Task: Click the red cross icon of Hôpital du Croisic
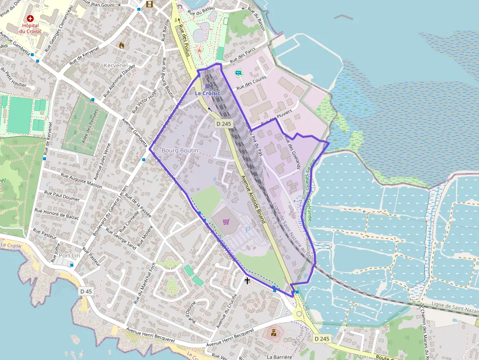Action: click(30, 18)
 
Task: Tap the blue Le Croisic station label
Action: click(208, 93)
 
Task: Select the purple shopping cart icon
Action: click(226, 222)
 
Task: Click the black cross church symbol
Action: click(247, 281)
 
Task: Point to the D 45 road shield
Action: click(86, 292)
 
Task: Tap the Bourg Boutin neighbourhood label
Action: click(180, 150)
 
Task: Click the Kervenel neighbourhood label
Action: click(115, 65)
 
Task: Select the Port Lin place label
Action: click(69, 255)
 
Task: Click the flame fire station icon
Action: click(121, 45)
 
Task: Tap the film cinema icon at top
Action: click(149, 4)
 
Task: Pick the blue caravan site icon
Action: click(239, 73)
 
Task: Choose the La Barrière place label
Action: click(280, 357)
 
